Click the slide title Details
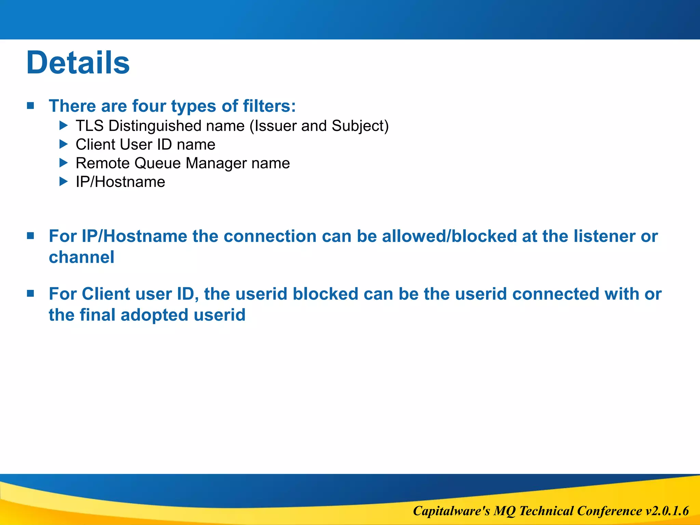click(x=78, y=63)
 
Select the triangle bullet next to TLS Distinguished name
click(x=64, y=125)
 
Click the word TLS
click(x=90, y=126)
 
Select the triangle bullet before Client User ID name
click(x=64, y=144)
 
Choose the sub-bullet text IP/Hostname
click(x=120, y=182)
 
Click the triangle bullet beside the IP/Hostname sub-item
click(x=64, y=181)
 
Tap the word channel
click(x=81, y=257)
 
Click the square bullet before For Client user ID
click(x=30, y=293)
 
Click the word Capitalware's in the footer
click(x=452, y=511)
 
